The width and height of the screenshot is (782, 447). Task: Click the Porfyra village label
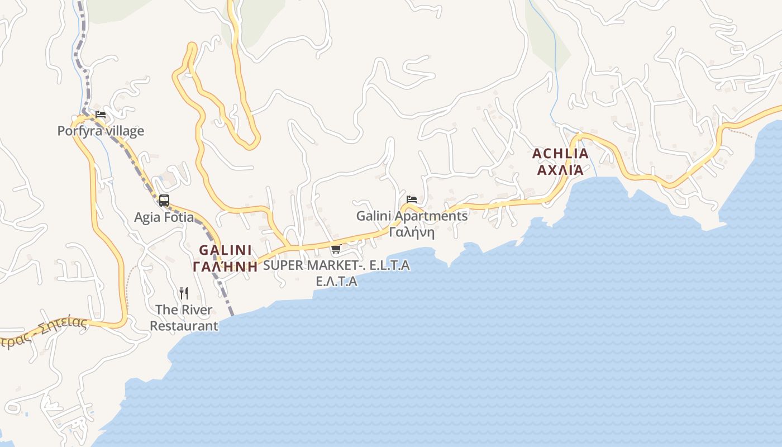(x=101, y=131)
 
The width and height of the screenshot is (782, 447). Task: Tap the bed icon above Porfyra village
(x=101, y=115)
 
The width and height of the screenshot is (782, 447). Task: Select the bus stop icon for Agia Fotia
(x=164, y=200)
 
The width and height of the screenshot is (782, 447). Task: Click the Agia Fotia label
(x=164, y=217)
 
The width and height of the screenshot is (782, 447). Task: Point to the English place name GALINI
(x=225, y=250)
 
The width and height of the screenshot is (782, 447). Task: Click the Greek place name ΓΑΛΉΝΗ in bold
(x=225, y=267)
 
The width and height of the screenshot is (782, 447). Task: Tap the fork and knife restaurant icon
(x=184, y=293)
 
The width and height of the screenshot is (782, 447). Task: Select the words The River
(x=184, y=310)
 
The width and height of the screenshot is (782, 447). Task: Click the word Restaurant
(x=184, y=326)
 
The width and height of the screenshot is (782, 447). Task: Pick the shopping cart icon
(x=336, y=249)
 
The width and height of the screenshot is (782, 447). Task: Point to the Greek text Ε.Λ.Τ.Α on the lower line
(x=336, y=281)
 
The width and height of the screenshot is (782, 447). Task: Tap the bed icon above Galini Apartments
(x=412, y=199)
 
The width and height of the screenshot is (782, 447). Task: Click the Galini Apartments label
(x=412, y=216)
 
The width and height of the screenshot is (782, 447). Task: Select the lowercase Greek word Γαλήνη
(x=412, y=232)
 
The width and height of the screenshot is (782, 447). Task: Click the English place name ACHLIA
(x=560, y=154)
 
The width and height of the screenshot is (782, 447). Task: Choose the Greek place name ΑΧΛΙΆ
(x=560, y=170)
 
